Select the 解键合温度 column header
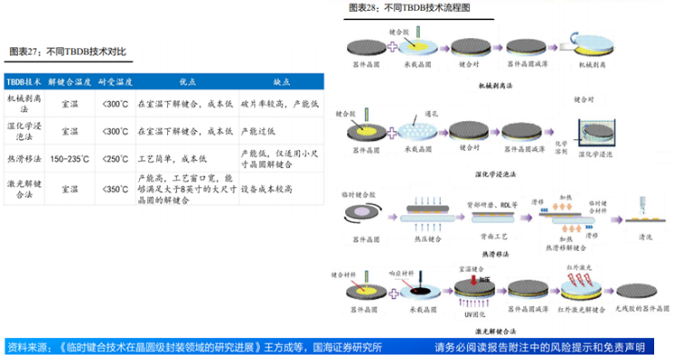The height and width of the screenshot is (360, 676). [69, 80]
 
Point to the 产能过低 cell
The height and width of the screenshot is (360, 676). [257, 131]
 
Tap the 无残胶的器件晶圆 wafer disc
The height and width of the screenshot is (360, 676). [639, 292]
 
